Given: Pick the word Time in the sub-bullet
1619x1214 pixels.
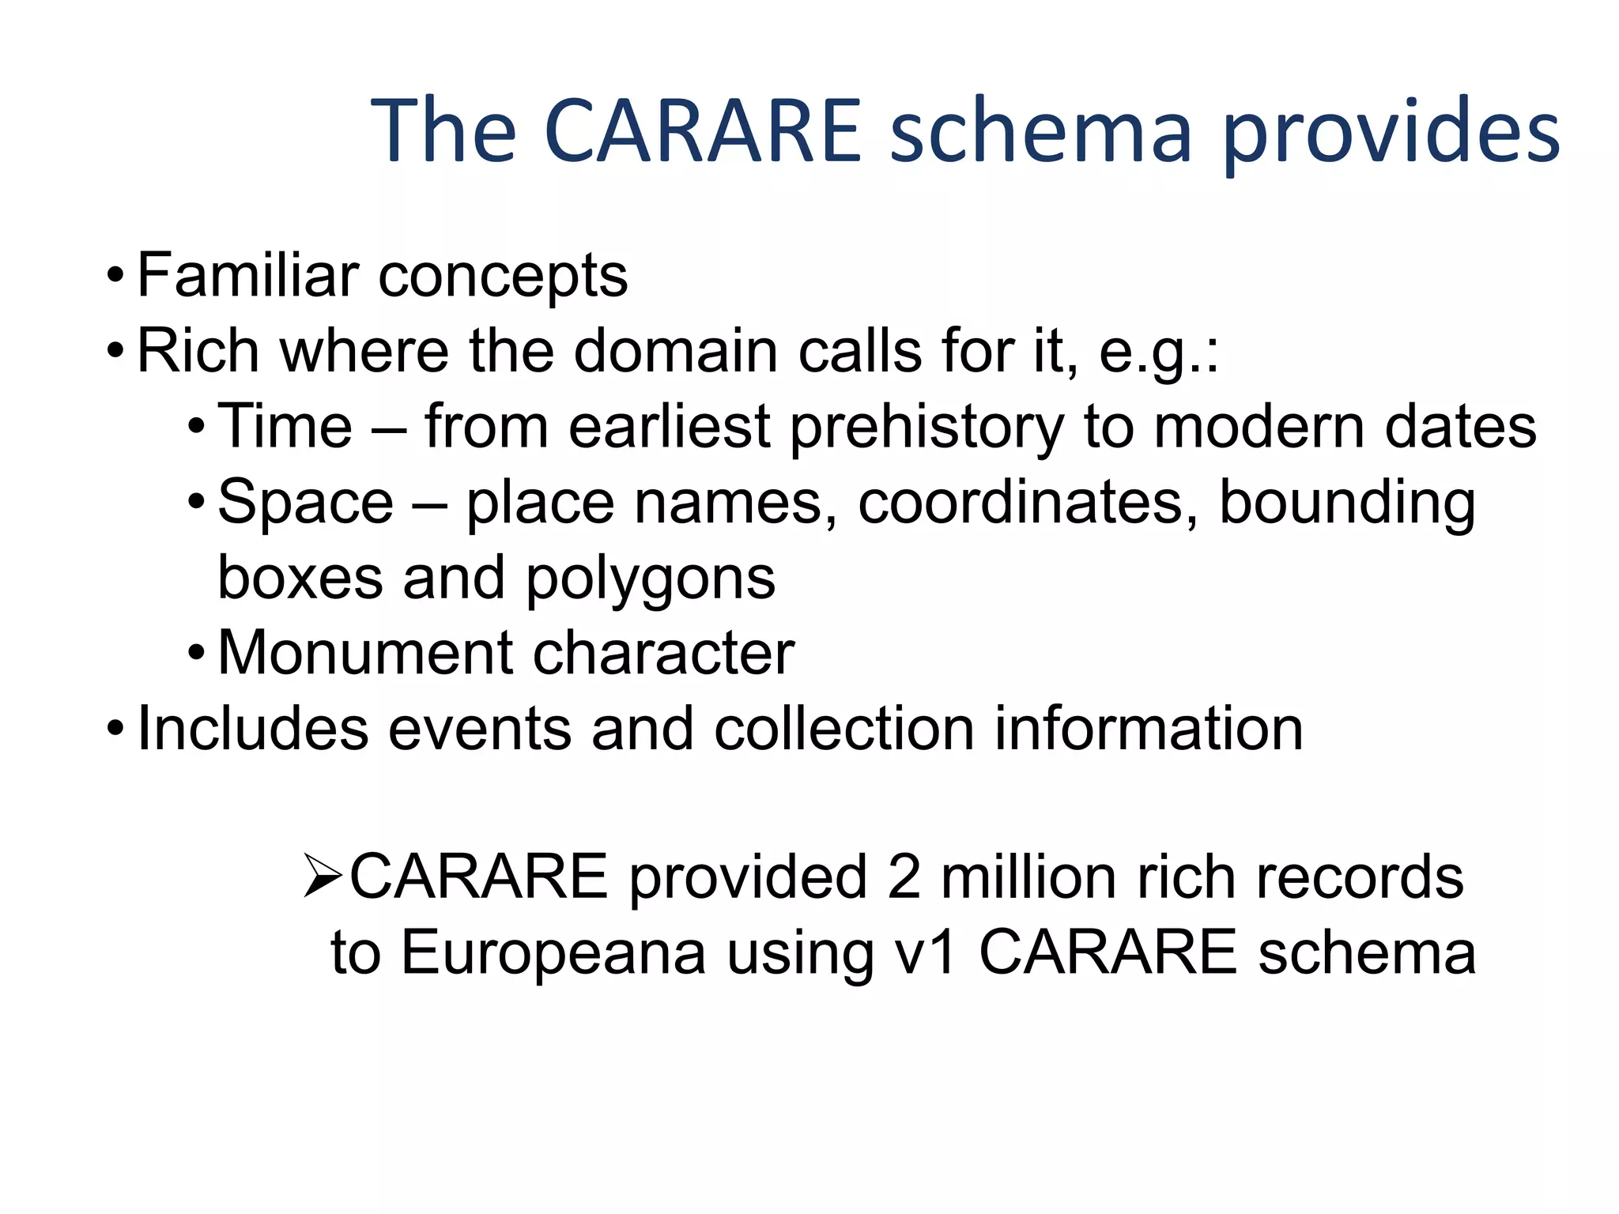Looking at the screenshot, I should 285,427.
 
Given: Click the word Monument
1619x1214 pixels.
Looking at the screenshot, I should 365,654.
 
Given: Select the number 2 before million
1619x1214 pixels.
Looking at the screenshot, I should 904,877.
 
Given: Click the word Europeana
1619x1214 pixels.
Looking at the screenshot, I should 553,953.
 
